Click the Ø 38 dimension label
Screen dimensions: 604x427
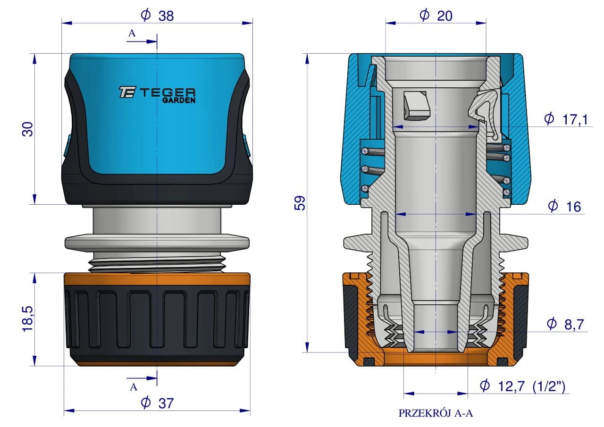coord(158,16)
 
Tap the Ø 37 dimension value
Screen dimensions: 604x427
coord(157,403)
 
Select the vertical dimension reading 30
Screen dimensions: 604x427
coord(27,129)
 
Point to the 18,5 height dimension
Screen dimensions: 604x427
coord(27,319)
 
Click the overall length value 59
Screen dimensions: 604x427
coord(300,203)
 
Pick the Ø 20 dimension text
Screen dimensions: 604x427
coord(436,16)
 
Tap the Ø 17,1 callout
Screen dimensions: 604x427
coord(566,119)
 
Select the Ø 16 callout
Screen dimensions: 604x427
coord(565,207)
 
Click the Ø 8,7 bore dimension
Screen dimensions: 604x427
coord(565,324)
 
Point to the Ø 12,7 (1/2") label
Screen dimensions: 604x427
coord(522,386)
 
